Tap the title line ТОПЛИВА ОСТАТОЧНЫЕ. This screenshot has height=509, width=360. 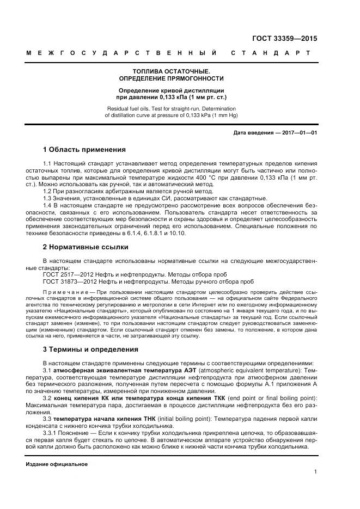(171, 71)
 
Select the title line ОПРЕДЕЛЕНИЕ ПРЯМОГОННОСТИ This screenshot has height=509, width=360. (171, 79)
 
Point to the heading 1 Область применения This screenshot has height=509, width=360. (84, 150)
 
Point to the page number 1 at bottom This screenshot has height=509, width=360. (315, 472)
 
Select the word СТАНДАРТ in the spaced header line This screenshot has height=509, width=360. (271, 53)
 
